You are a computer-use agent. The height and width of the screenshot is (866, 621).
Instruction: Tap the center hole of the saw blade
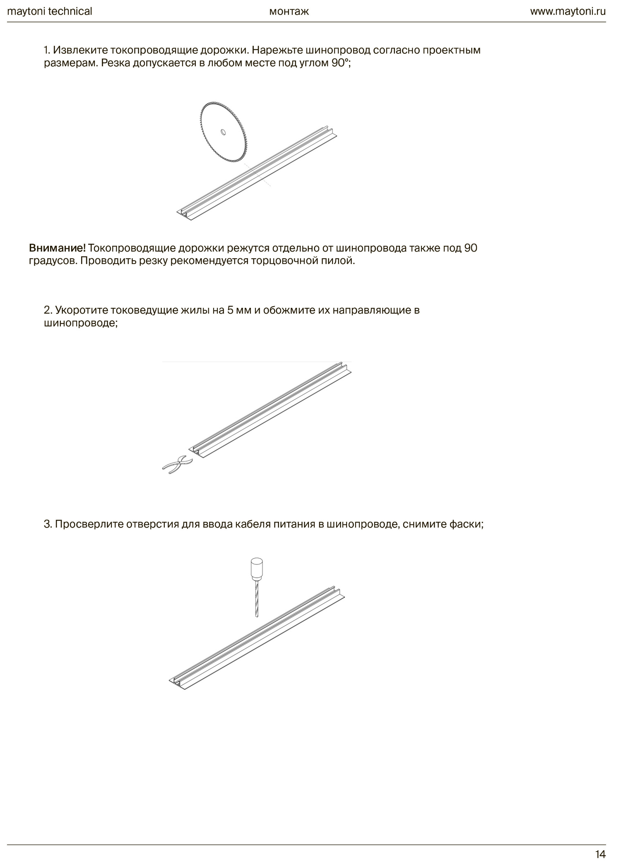tap(223, 132)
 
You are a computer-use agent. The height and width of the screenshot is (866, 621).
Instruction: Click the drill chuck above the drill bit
tap(257, 568)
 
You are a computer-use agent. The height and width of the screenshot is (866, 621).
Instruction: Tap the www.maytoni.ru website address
tap(568, 11)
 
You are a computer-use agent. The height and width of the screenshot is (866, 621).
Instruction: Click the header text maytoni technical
tap(50, 11)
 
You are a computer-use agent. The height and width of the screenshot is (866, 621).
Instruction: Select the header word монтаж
tap(289, 11)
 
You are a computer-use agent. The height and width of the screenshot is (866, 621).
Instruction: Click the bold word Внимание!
tap(57, 248)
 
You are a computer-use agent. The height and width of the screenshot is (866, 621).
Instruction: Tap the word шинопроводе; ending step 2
tap(81, 323)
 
